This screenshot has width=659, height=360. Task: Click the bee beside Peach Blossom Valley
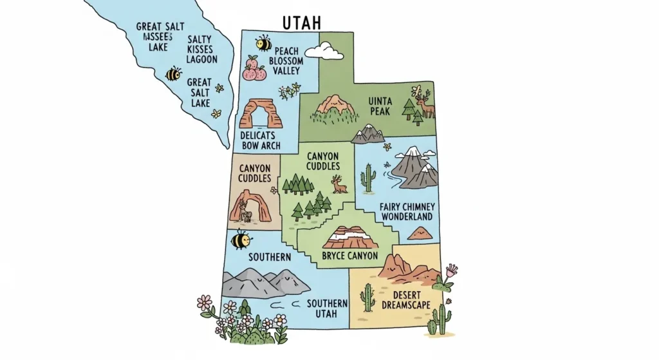(x=263, y=43)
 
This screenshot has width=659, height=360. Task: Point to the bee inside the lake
(x=173, y=74)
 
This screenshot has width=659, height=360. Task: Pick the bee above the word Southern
(x=241, y=239)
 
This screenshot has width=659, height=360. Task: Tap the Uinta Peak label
(x=380, y=106)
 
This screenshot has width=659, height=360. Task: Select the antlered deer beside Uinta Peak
(x=425, y=104)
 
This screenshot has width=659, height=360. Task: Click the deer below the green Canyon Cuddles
(x=339, y=185)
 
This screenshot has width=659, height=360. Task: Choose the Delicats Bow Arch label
(x=259, y=140)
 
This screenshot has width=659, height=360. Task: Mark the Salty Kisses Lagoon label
(x=201, y=49)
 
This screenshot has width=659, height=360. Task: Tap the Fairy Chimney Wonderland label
(x=407, y=212)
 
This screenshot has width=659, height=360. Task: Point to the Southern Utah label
(x=327, y=308)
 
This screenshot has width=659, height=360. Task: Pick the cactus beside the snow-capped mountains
(x=368, y=178)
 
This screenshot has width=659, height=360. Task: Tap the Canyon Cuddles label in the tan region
(x=254, y=173)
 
